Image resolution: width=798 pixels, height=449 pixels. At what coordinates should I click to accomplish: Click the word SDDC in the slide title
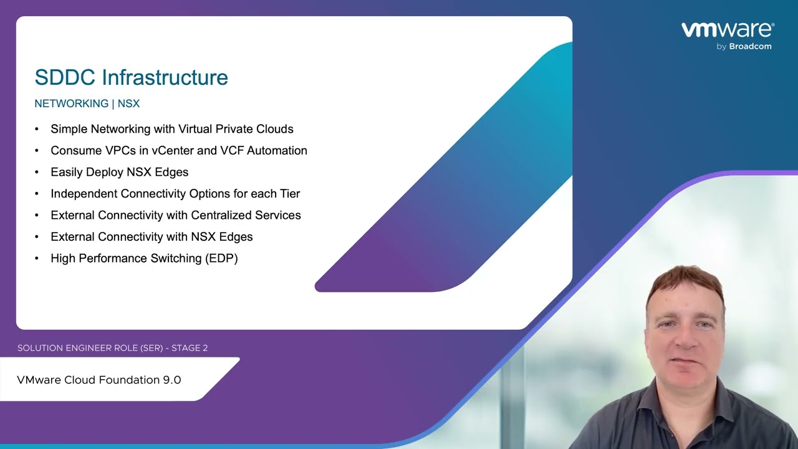(65, 77)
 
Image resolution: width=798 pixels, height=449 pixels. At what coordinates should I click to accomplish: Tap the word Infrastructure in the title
(165, 77)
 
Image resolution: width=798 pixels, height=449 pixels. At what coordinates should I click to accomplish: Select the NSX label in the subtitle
(128, 104)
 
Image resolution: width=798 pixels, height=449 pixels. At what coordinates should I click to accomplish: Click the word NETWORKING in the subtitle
(72, 104)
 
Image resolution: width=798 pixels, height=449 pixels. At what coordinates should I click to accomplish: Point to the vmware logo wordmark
(728, 29)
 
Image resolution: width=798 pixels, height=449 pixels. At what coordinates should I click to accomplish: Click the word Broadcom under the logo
(750, 46)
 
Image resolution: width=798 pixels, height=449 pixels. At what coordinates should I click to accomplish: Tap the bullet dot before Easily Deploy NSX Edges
(37, 172)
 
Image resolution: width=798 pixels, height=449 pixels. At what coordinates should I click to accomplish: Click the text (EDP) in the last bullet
(221, 258)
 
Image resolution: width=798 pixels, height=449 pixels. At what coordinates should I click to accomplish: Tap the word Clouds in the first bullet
(275, 129)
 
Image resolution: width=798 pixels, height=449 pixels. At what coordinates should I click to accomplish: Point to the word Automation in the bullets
(277, 150)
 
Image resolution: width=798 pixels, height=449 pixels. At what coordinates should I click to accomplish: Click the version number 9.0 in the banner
(172, 380)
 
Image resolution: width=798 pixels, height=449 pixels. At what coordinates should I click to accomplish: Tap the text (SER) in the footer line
(151, 348)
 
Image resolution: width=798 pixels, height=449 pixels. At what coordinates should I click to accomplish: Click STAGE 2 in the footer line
(190, 348)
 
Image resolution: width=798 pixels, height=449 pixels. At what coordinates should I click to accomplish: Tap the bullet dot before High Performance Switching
(37, 258)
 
